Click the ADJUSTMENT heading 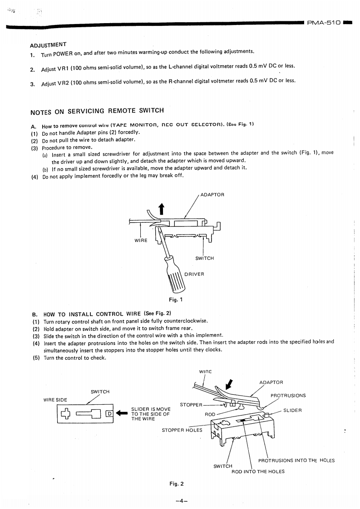[x=48, y=45]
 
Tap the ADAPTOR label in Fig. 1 [x=212, y=195]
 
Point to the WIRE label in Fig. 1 [x=141, y=240]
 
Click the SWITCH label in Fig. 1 [x=204, y=258]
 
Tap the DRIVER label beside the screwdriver [x=194, y=274]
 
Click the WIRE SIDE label [x=55, y=400]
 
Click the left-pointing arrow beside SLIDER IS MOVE [x=121, y=413]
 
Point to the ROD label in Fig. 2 [x=210, y=414]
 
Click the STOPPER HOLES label [x=182, y=430]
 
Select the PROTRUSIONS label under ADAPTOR [x=288, y=395]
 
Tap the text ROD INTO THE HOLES [x=258, y=471]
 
